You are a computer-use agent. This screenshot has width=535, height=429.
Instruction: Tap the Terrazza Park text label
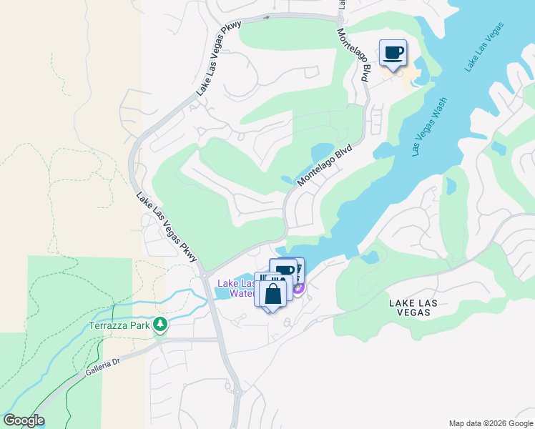click(x=120, y=325)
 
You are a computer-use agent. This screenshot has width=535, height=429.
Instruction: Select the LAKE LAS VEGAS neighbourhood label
click(x=419, y=308)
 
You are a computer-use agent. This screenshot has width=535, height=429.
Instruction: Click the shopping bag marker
click(x=273, y=292)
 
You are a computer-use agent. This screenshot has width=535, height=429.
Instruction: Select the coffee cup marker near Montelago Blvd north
click(x=393, y=53)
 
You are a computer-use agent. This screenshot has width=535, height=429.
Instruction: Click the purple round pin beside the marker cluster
click(x=298, y=289)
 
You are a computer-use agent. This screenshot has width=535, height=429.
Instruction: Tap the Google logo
click(x=24, y=420)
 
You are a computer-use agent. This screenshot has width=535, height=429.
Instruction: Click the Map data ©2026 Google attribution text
click(x=491, y=423)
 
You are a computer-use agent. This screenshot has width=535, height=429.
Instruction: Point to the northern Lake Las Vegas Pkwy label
click(x=219, y=59)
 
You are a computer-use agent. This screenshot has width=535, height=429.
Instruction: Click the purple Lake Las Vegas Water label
click(x=236, y=287)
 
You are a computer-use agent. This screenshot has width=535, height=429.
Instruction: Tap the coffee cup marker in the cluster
click(x=285, y=270)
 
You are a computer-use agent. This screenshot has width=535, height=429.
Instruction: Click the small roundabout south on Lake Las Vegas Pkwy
click(x=237, y=392)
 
